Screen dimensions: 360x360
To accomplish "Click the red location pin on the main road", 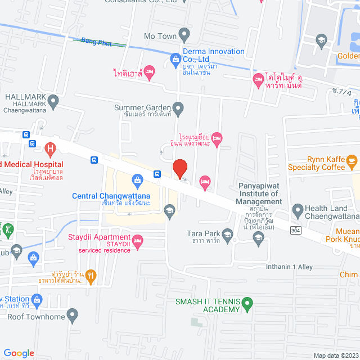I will (179, 169).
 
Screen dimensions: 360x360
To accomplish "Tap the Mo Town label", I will (160, 37).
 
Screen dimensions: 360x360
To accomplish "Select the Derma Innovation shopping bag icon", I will (175, 58).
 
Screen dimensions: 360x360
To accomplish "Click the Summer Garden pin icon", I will (178, 107).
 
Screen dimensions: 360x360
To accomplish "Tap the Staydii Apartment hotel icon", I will (138, 242).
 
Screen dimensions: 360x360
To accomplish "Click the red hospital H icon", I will (50, 150).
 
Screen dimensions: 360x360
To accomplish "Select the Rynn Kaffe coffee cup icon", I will (352, 162).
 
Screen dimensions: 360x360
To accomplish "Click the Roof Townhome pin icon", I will (71, 315).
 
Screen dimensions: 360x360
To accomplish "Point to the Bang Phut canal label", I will (94, 41).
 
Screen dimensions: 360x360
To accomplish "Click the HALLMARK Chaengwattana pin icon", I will (53, 102).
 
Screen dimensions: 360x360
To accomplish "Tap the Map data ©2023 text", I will (335, 355).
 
